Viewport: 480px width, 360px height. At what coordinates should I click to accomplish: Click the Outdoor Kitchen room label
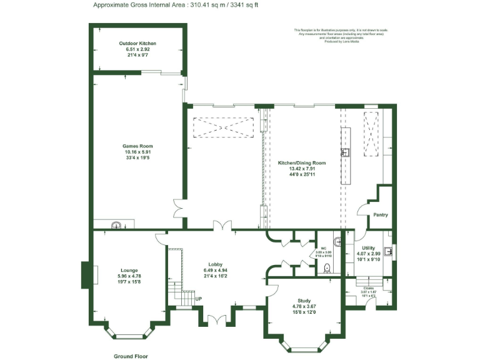point(137,43)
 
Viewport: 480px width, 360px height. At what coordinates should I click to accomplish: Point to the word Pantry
point(380,215)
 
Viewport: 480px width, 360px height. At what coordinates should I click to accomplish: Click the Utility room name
point(368,248)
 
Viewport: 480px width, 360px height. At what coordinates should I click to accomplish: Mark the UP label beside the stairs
point(199,299)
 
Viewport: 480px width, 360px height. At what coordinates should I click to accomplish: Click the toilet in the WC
point(327,269)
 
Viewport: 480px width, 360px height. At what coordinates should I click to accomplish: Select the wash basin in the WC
point(337,241)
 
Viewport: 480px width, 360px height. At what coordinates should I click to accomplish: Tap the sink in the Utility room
point(388,252)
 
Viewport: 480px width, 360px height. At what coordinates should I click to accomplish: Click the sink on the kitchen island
point(344,152)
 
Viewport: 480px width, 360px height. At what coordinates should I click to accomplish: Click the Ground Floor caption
point(130,356)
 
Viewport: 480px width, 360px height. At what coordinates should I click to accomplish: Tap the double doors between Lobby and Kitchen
point(220,226)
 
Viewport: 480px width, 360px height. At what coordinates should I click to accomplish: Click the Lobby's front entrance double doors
point(217,319)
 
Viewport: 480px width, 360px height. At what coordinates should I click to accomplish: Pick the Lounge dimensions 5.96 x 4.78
point(129,276)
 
